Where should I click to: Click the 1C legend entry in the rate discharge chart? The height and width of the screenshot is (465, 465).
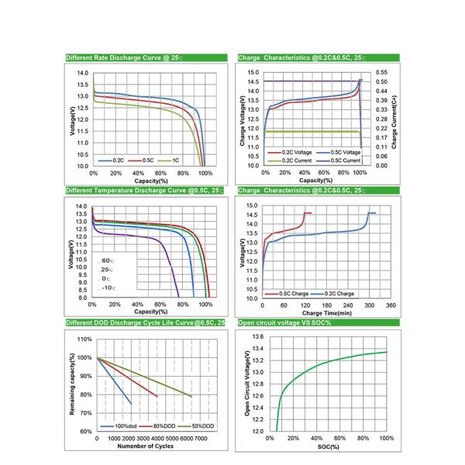[x=175, y=160]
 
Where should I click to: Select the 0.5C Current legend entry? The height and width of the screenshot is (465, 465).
[x=346, y=160]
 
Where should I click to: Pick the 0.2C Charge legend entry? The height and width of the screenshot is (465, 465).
[x=339, y=294]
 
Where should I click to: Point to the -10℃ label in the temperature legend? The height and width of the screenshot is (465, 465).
[x=106, y=288]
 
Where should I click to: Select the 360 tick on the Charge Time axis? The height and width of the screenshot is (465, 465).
[x=391, y=305]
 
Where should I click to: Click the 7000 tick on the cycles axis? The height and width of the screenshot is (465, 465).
[x=201, y=439]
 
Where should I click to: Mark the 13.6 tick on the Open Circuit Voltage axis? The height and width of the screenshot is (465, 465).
[x=258, y=337]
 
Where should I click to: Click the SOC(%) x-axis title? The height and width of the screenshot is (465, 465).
[x=325, y=447]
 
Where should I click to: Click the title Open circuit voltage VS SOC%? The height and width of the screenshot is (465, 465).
[x=284, y=322]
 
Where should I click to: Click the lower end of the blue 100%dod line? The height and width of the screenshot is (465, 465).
[x=131, y=404]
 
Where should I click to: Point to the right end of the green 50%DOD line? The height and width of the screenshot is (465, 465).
[x=192, y=397]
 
